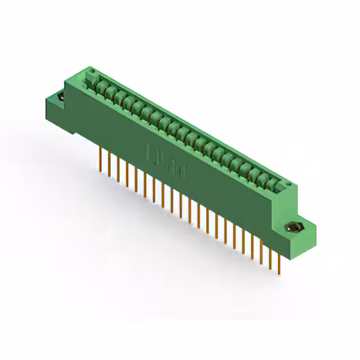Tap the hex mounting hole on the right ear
coord(293,228)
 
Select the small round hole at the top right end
coord(289,183)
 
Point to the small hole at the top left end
coord(91,71)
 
